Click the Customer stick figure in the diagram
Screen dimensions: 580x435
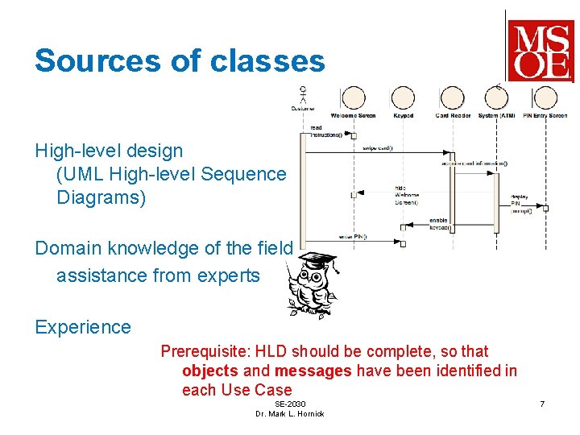(303, 93)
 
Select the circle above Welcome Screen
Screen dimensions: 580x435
(353, 98)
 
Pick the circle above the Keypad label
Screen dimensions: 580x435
(403, 98)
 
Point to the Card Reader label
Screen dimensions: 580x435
(453, 115)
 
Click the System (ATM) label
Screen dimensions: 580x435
(497, 115)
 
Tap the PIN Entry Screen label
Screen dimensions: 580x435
(546, 115)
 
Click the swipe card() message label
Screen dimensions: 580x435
(376, 148)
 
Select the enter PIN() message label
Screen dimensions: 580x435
(353, 237)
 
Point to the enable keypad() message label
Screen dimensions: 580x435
(438, 223)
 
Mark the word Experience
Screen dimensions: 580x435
(82, 327)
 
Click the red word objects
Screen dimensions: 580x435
(210, 371)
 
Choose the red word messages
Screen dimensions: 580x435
(313, 371)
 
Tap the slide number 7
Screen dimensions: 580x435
(542, 403)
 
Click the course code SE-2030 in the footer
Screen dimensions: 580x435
(290, 403)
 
